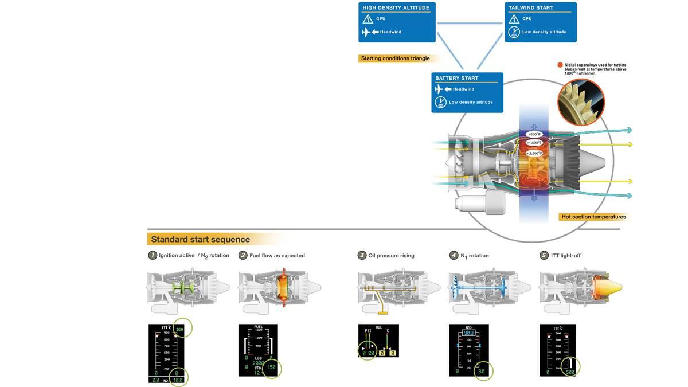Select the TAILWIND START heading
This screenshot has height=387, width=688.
click(x=530, y=8)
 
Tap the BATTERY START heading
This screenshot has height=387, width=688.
click(x=456, y=78)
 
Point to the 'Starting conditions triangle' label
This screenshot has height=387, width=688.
click(x=395, y=58)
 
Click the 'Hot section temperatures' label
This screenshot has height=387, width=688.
click(x=593, y=217)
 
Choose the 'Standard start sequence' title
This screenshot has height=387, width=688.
click(x=200, y=239)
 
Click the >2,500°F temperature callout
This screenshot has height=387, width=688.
click(x=534, y=153)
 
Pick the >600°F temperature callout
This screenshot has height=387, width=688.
click(x=534, y=134)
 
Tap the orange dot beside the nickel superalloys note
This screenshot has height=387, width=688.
click(x=560, y=65)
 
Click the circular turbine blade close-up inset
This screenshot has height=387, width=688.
click(x=581, y=102)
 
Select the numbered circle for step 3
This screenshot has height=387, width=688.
click(x=362, y=255)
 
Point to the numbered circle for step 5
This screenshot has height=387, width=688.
click(x=544, y=255)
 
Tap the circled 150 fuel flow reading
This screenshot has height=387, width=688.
click(x=271, y=367)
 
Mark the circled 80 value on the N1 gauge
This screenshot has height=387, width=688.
click(x=482, y=371)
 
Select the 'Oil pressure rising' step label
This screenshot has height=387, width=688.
click(x=391, y=255)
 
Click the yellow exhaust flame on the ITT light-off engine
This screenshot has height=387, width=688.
click(x=609, y=286)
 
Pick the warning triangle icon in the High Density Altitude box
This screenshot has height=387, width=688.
click(x=368, y=19)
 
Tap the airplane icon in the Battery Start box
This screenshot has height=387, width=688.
click(x=439, y=89)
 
